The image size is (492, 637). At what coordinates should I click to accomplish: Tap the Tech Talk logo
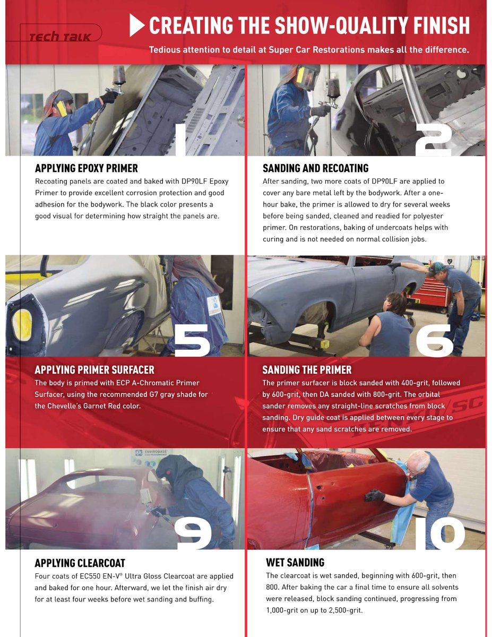click(60, 37)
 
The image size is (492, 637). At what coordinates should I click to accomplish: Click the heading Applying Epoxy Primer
click(86, 168)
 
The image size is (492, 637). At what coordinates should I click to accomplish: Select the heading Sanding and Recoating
click(315, 168)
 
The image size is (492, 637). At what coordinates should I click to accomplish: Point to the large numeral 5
click(192, 340)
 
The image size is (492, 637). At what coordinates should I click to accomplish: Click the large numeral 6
click(434, 340)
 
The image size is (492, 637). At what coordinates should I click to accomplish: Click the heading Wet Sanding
click(295, 563)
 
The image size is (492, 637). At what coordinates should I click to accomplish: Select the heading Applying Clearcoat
click(80, 563)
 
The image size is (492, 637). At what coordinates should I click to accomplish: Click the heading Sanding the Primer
click(307, 370)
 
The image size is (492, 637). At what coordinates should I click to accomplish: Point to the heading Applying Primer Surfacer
click(94, 370)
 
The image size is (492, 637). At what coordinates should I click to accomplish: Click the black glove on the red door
click(375, 495)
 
